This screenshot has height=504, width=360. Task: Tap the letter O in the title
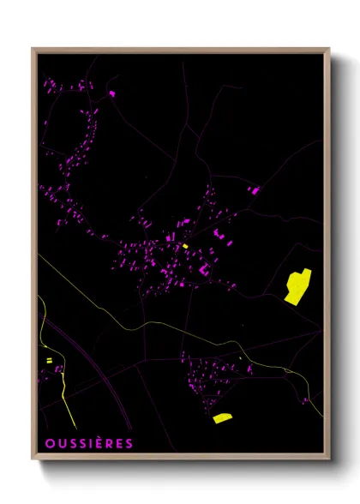click(47, 443)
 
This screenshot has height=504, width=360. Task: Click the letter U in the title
click(59, 443)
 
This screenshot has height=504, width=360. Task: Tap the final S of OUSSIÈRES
click(129, 443)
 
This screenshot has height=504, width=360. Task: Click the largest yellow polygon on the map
click(297, 285)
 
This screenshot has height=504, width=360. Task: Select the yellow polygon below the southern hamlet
click(223, 418)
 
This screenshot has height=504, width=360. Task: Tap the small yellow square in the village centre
click(184, 246)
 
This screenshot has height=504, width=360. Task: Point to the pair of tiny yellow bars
click(49, 360)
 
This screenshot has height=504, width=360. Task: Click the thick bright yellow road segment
click(65, 394)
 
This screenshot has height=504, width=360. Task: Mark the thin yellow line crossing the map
click(154, 324)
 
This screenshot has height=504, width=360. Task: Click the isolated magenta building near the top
click(111, 93)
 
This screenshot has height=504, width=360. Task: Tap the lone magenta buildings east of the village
click(254, 189)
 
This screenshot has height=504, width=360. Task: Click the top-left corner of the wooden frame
click(33, 50)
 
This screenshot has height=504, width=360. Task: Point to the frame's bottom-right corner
click(328, 459)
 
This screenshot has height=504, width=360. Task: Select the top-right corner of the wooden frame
click(328, 50)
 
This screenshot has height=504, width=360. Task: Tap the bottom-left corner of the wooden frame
click(33, 459)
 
